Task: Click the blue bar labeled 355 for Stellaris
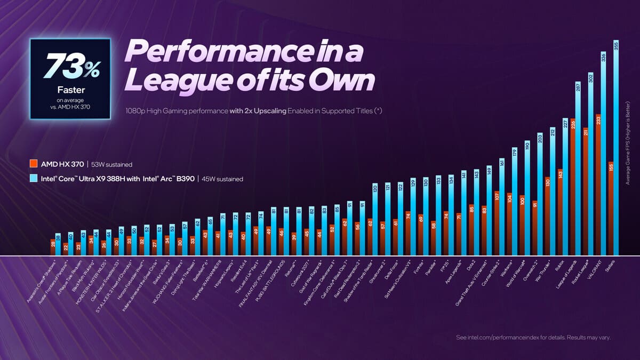[616, 149]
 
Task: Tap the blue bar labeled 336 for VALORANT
[603, 155]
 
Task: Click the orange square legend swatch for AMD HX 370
[33, 164]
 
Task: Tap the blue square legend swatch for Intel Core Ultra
[33, 179]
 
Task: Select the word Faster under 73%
[70, 90]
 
